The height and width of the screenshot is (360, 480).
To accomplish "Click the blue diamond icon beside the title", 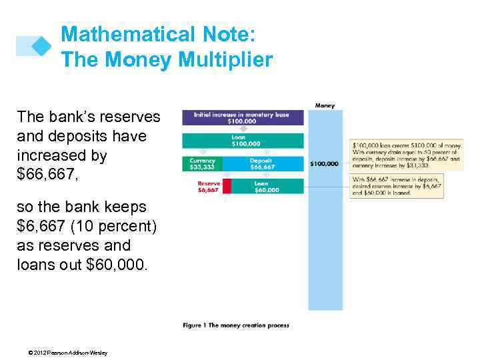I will point(42,45).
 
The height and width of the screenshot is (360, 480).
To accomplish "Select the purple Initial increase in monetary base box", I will point(243,118).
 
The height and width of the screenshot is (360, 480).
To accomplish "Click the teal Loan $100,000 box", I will point(243,141).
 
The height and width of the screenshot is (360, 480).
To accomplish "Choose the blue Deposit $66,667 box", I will point(263,163).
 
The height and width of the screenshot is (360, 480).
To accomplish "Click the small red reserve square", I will point(226,186).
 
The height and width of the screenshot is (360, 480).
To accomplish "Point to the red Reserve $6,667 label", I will point(208,186).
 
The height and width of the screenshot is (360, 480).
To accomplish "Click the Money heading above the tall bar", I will point(325,105).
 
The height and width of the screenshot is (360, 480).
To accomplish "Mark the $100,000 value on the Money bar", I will point(325,163).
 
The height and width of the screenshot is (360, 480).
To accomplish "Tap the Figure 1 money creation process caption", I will point(236,325).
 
